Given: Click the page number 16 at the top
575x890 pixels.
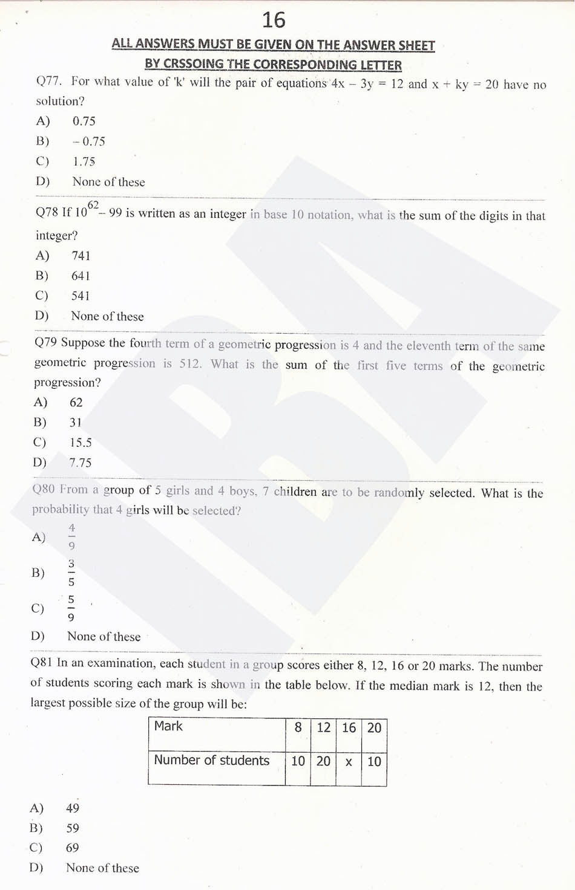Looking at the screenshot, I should point(274,21).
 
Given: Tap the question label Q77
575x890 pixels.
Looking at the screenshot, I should point(48,81).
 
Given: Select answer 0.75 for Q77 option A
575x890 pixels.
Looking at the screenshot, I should point(84,121).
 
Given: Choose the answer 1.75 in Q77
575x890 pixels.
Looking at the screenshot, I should point(84,161).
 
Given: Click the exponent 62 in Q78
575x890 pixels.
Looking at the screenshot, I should point(93,205).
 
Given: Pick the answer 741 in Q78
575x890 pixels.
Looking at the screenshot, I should point(80,256).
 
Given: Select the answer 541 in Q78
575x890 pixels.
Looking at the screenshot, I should point(80,296).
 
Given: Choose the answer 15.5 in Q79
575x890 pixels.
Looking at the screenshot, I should point(80,443).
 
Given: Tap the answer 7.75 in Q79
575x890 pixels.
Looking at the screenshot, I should point(80,463).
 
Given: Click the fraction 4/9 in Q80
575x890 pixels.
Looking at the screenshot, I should point(71,537).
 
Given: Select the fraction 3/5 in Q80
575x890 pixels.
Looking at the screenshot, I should point(71,573).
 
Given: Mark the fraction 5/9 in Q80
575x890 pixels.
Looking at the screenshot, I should point(71,608).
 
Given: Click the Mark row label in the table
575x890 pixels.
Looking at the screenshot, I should point(168,726).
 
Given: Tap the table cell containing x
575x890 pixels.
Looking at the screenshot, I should point(349,762).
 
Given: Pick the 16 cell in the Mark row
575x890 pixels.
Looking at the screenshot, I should point(349,727).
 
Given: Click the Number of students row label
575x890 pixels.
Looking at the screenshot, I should point(211,761).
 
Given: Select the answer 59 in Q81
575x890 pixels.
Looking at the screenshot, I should point(73,828).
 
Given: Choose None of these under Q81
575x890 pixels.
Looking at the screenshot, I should point(102,868).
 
